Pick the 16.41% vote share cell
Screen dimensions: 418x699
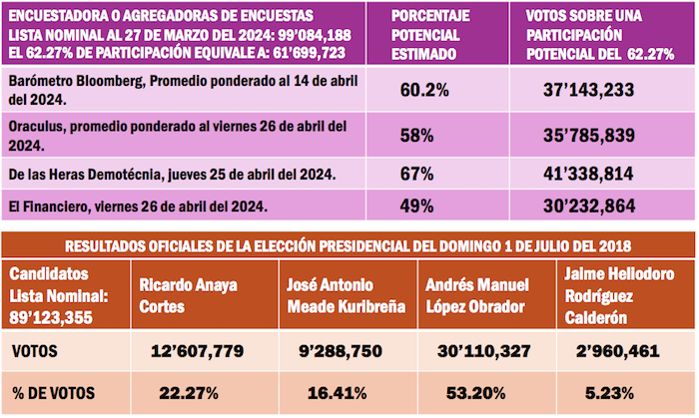[x=345, y=391]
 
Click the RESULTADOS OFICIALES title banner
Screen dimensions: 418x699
[x=348, y=245]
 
